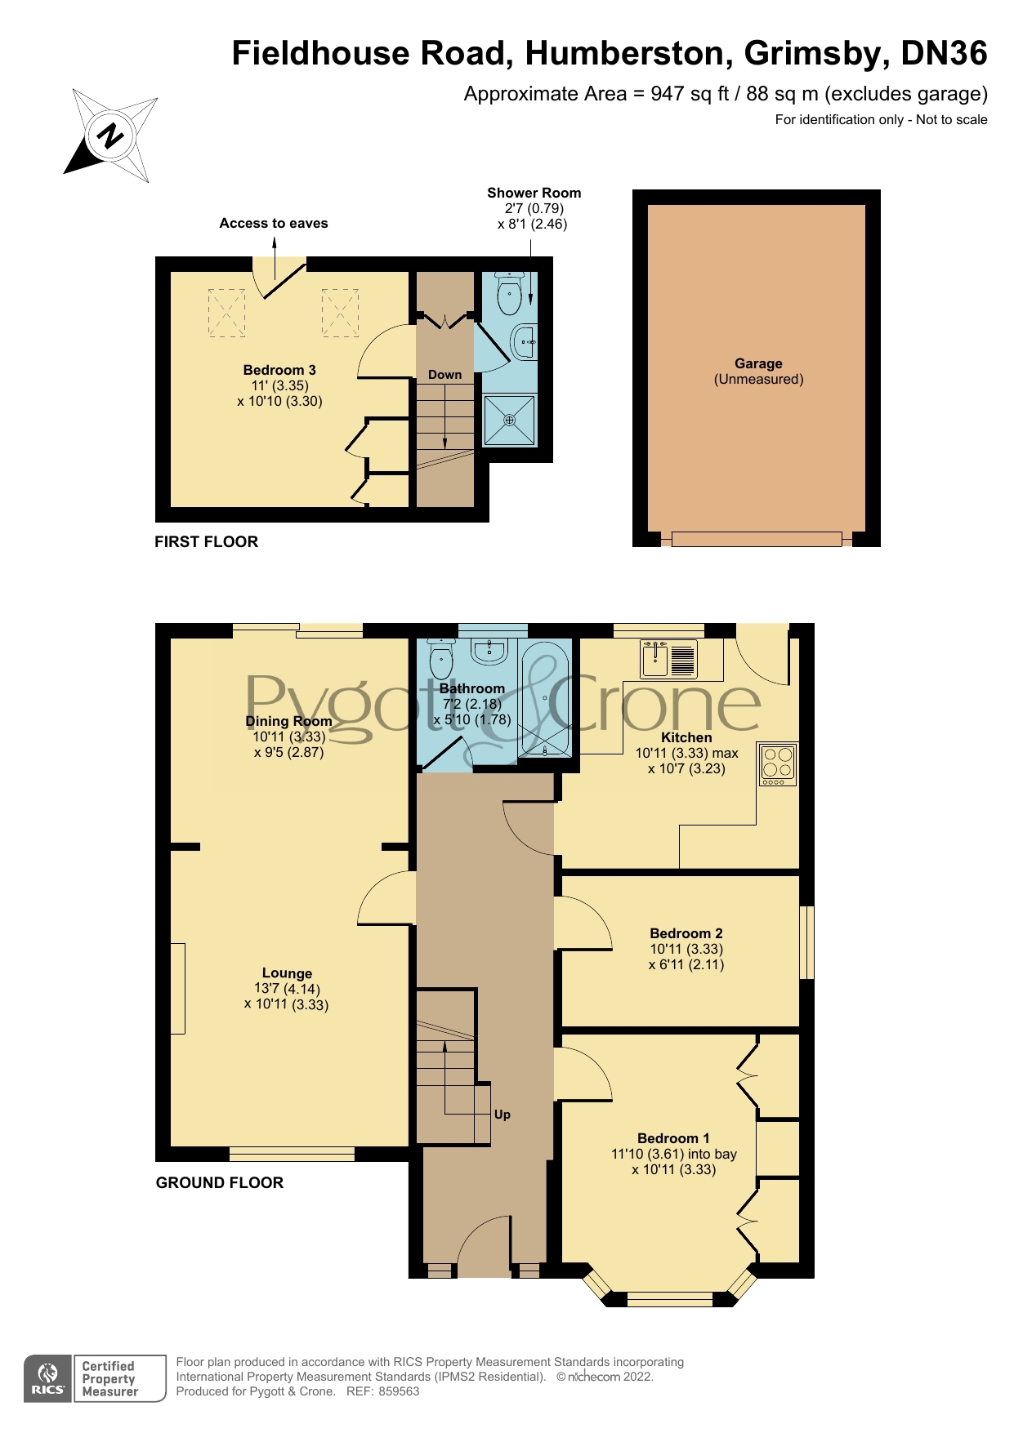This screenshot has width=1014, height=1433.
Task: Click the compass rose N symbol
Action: pyautogui.click(x=110, y=136)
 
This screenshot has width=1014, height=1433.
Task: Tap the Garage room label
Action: pyautogui.click(x=758, y=364)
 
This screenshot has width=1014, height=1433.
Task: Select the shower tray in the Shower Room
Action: pyautogui.click(x=510, y=420)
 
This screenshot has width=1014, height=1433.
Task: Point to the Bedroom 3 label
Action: pyautogui.click(x=279, y=370)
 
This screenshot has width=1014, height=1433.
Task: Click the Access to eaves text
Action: pyautogui.click(x=274, y=223)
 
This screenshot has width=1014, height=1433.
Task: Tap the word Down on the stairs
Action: pyautogui.click(x=445, y=375)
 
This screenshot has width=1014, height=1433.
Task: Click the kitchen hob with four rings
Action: pyautogui.click(x=777, y=763)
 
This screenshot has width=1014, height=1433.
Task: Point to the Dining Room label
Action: pyautogui.click(x=288, y=721)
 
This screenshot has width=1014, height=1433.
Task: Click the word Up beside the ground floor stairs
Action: pyautogui.click(x=502, y=1115)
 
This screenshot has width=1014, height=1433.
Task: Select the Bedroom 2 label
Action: pyautogui.click(x=686, y=933)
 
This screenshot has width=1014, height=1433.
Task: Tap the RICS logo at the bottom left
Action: pyautogui.click(x=48, y=1379)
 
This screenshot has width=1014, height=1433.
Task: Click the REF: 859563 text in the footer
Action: pyautogui.click(x=382, y=1391)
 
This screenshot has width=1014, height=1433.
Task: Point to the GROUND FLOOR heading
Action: pyautogui.click(x=220, y=1182)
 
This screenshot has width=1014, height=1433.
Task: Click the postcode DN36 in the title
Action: pyautogui.click(x=944, y=53)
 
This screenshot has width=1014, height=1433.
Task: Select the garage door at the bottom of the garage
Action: pyautogui.click(x=757, y=539)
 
